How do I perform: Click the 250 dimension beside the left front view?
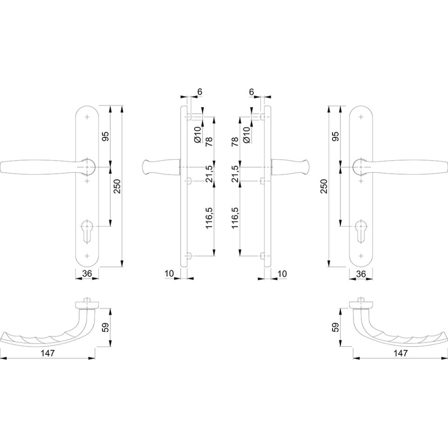[117, 186]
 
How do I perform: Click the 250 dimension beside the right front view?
[324, 186]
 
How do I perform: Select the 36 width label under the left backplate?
[87, 273]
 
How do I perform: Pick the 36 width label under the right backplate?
[361, 273]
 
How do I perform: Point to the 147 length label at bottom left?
[48, 353]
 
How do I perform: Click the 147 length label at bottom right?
[400, 353]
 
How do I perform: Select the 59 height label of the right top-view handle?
[336, 327]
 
